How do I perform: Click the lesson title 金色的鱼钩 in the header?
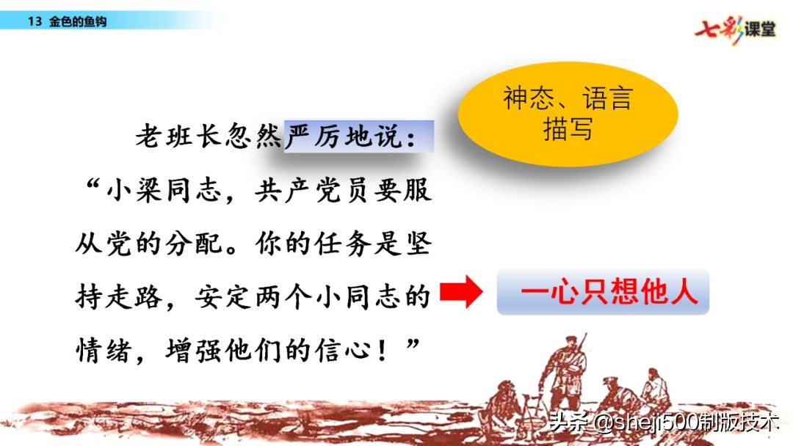tap(78, 22)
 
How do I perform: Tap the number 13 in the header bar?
tap(34, 22)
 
